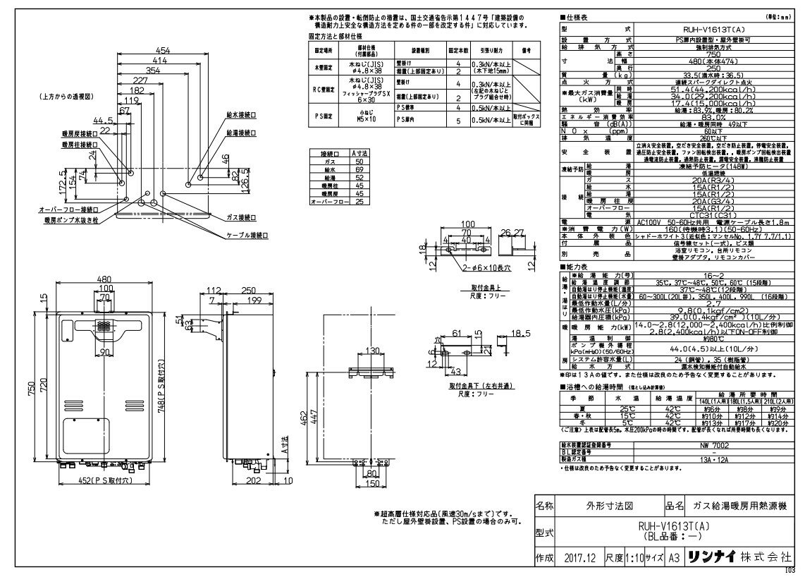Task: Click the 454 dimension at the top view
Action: coord(163,51)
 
